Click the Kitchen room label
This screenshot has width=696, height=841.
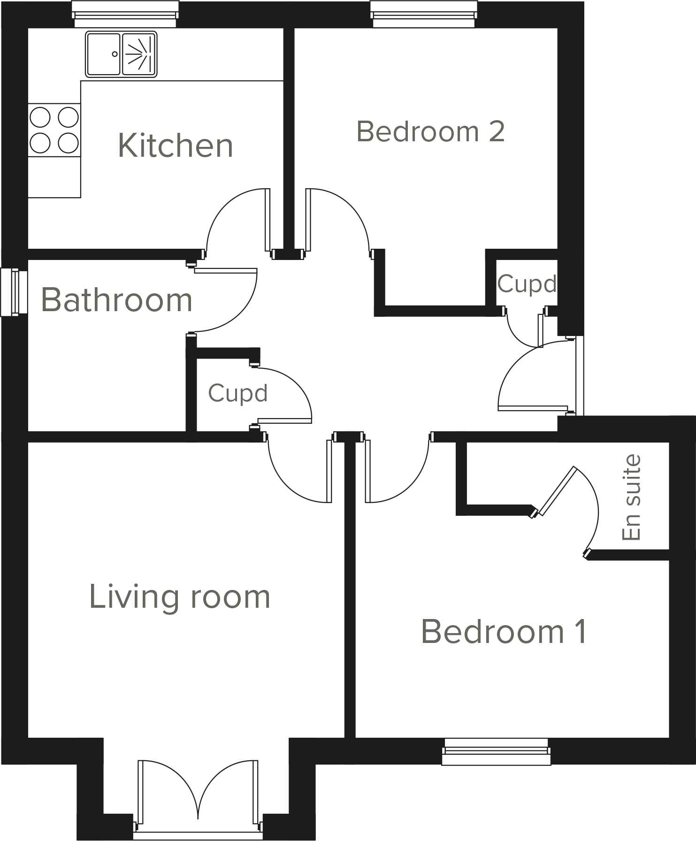click(175, 145)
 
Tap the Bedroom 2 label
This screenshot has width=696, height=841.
click(430, 131)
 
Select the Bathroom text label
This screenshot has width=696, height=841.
click(117, 300)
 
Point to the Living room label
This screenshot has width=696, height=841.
click(180, 597)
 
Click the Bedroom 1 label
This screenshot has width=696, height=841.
click(504, 632)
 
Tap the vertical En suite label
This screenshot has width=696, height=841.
click(631, 497)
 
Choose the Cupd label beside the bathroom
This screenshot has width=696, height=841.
click(237, 393)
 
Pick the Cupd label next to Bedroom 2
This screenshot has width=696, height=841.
click(527, 284)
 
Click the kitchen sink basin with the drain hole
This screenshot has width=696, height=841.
click(103, 54)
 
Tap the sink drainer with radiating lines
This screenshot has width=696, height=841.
click(139, 54)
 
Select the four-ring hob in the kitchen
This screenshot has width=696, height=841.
click(54, 130)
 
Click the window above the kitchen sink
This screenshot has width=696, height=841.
click(125, 14)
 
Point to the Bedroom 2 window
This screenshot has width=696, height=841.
click(424, 14)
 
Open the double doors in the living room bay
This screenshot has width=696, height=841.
click(198, 793)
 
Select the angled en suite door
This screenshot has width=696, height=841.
click(558, 491)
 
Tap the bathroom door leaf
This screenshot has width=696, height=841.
click(226, 271)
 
